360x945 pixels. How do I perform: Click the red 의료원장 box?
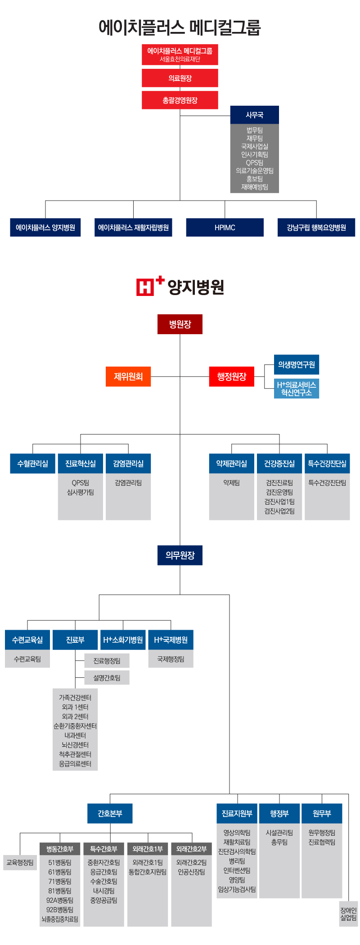click(x=180, y=78)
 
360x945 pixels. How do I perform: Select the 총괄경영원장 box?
click(x=180, y=100)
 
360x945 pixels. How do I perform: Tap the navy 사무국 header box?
click(x=255, y=115)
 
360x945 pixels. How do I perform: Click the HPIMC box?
click(x=225, y=227)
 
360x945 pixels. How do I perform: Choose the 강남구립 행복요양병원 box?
click(x=316, y=227)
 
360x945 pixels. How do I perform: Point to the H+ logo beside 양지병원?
click(x=150, y=286)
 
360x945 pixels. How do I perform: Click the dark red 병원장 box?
click(x=180, y=324)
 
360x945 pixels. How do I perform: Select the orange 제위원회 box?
click(x=128, y=376)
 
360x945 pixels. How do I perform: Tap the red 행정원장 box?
click(x=232, y=376)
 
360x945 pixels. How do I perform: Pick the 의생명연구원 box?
click(x=297, y=364)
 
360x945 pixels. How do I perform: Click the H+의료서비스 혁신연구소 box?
click(x=297, y=389)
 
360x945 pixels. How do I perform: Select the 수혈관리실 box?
click(x=33, y=463)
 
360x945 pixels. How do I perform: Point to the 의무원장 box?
click(x=180, y=555)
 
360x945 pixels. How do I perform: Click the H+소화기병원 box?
click(x=123, y=640)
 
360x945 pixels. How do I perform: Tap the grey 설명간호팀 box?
click(x=107, y=677)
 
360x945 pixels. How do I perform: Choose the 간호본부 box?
click(x=110, y=813)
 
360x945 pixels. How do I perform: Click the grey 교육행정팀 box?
click(x=20, y=862)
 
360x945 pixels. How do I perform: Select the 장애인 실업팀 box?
click(x=348, y=914)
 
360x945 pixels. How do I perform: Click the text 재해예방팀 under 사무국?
click(x=255, y=187)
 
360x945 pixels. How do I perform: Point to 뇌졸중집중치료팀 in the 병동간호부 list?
click(x=60, y=919)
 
